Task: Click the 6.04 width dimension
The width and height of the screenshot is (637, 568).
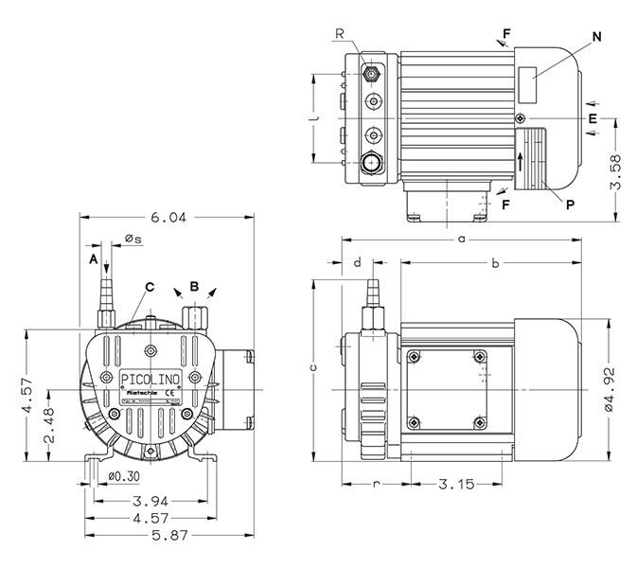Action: coord(168,217)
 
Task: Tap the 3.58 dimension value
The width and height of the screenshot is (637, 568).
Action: coord(616,170)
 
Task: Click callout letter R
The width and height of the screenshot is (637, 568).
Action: coord(338,34)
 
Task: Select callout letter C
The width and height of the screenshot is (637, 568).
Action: coord(149,286)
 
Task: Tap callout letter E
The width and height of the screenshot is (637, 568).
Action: coord(592,118)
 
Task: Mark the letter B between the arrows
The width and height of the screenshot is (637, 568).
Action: coord(193,284)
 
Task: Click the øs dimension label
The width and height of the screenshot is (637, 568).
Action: coord(133,240)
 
